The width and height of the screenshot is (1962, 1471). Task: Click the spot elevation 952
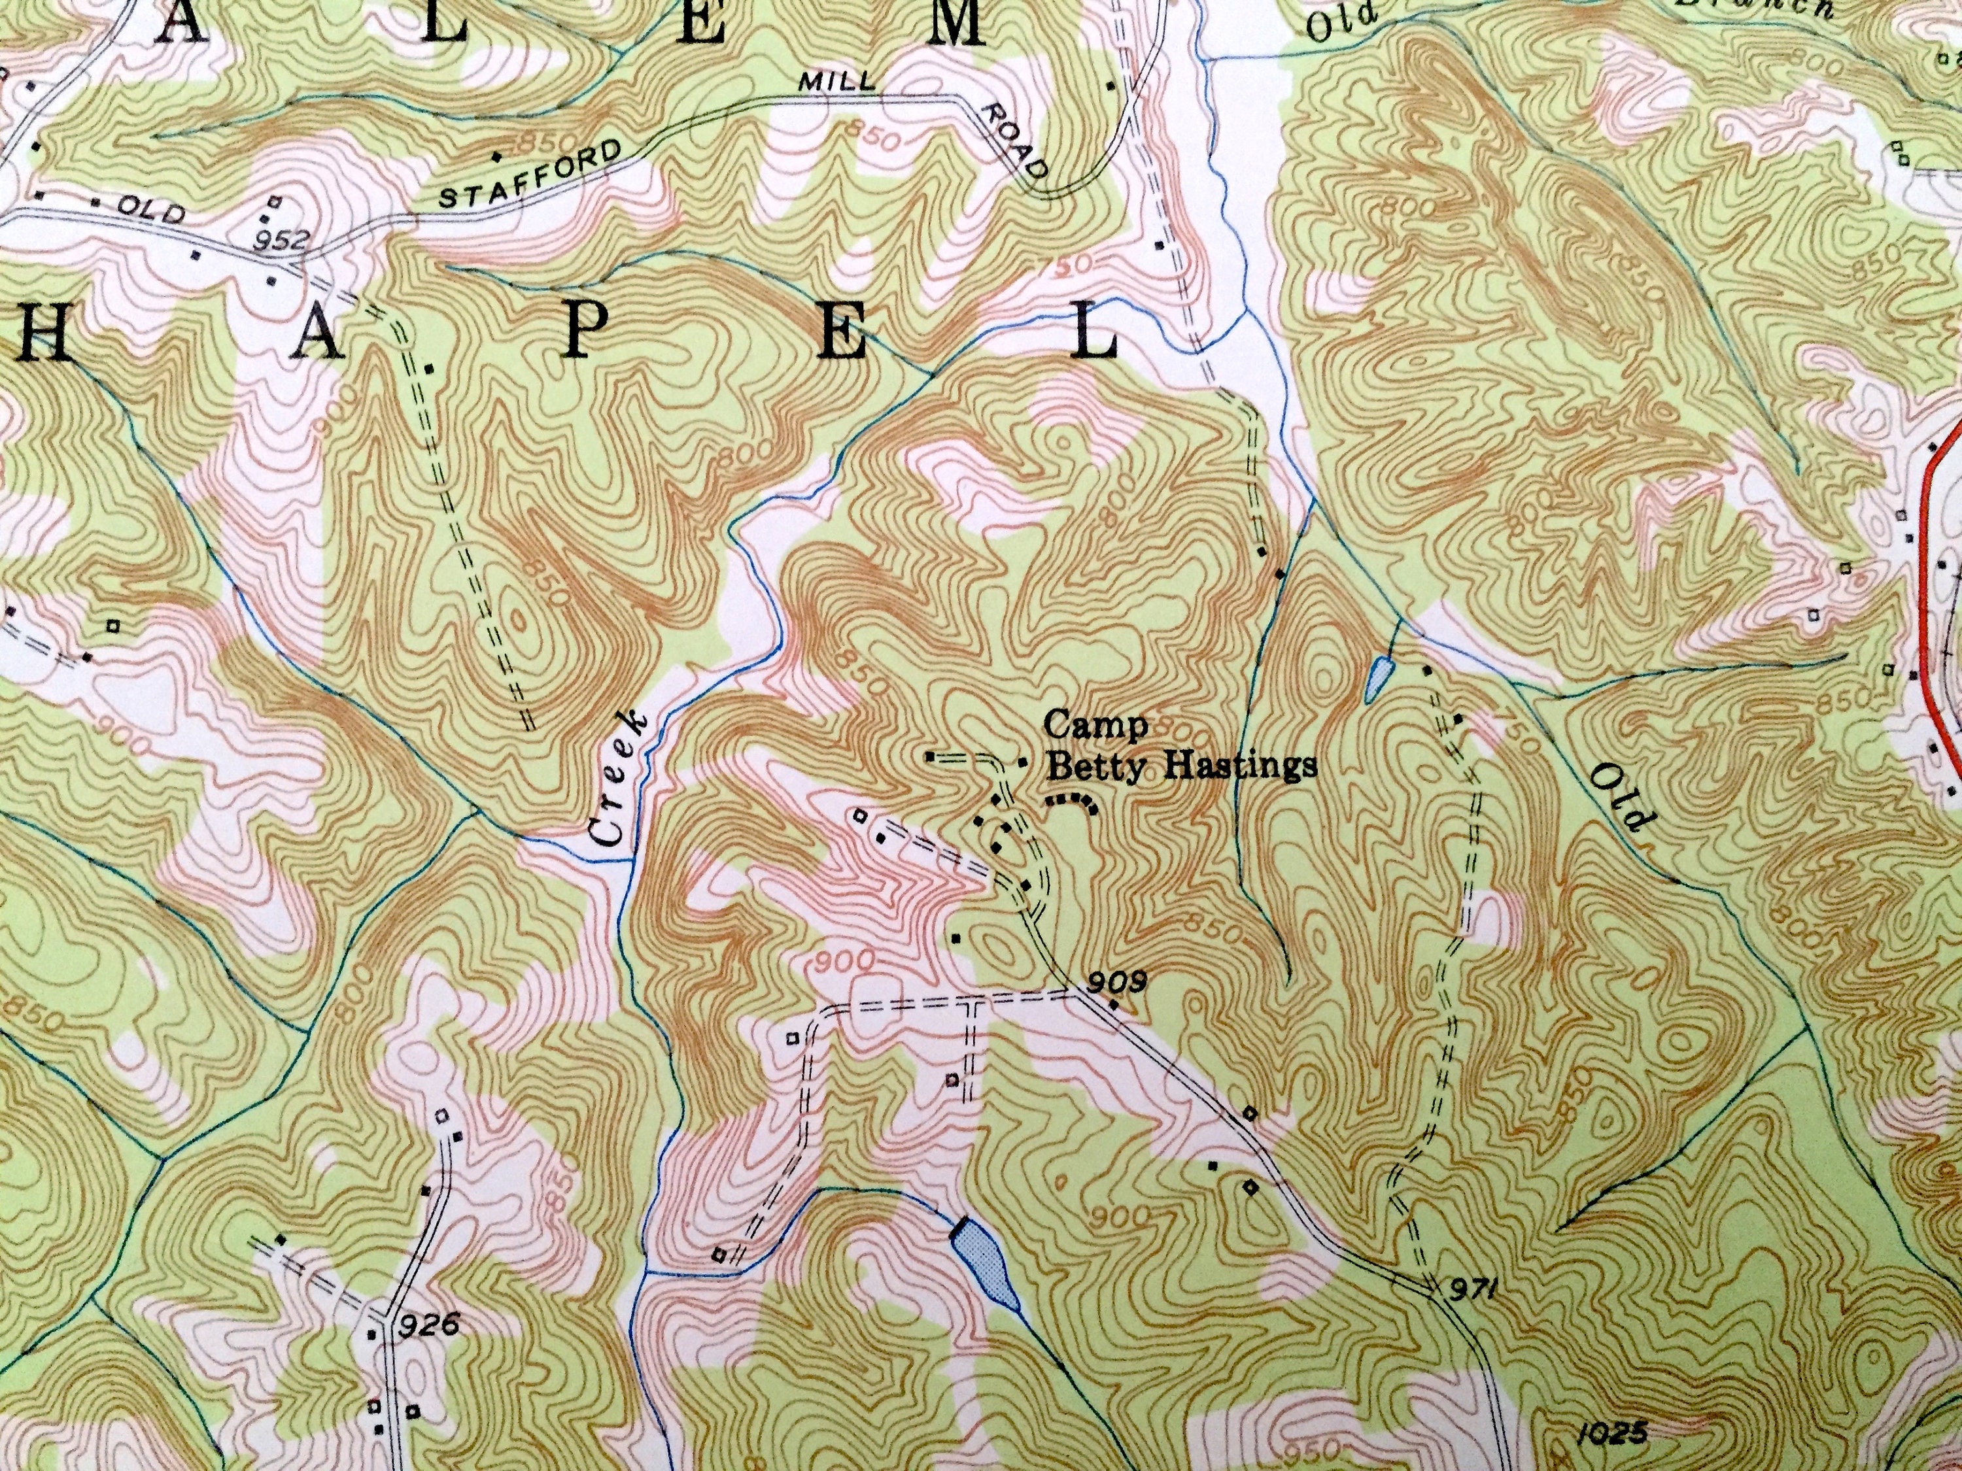289,239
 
